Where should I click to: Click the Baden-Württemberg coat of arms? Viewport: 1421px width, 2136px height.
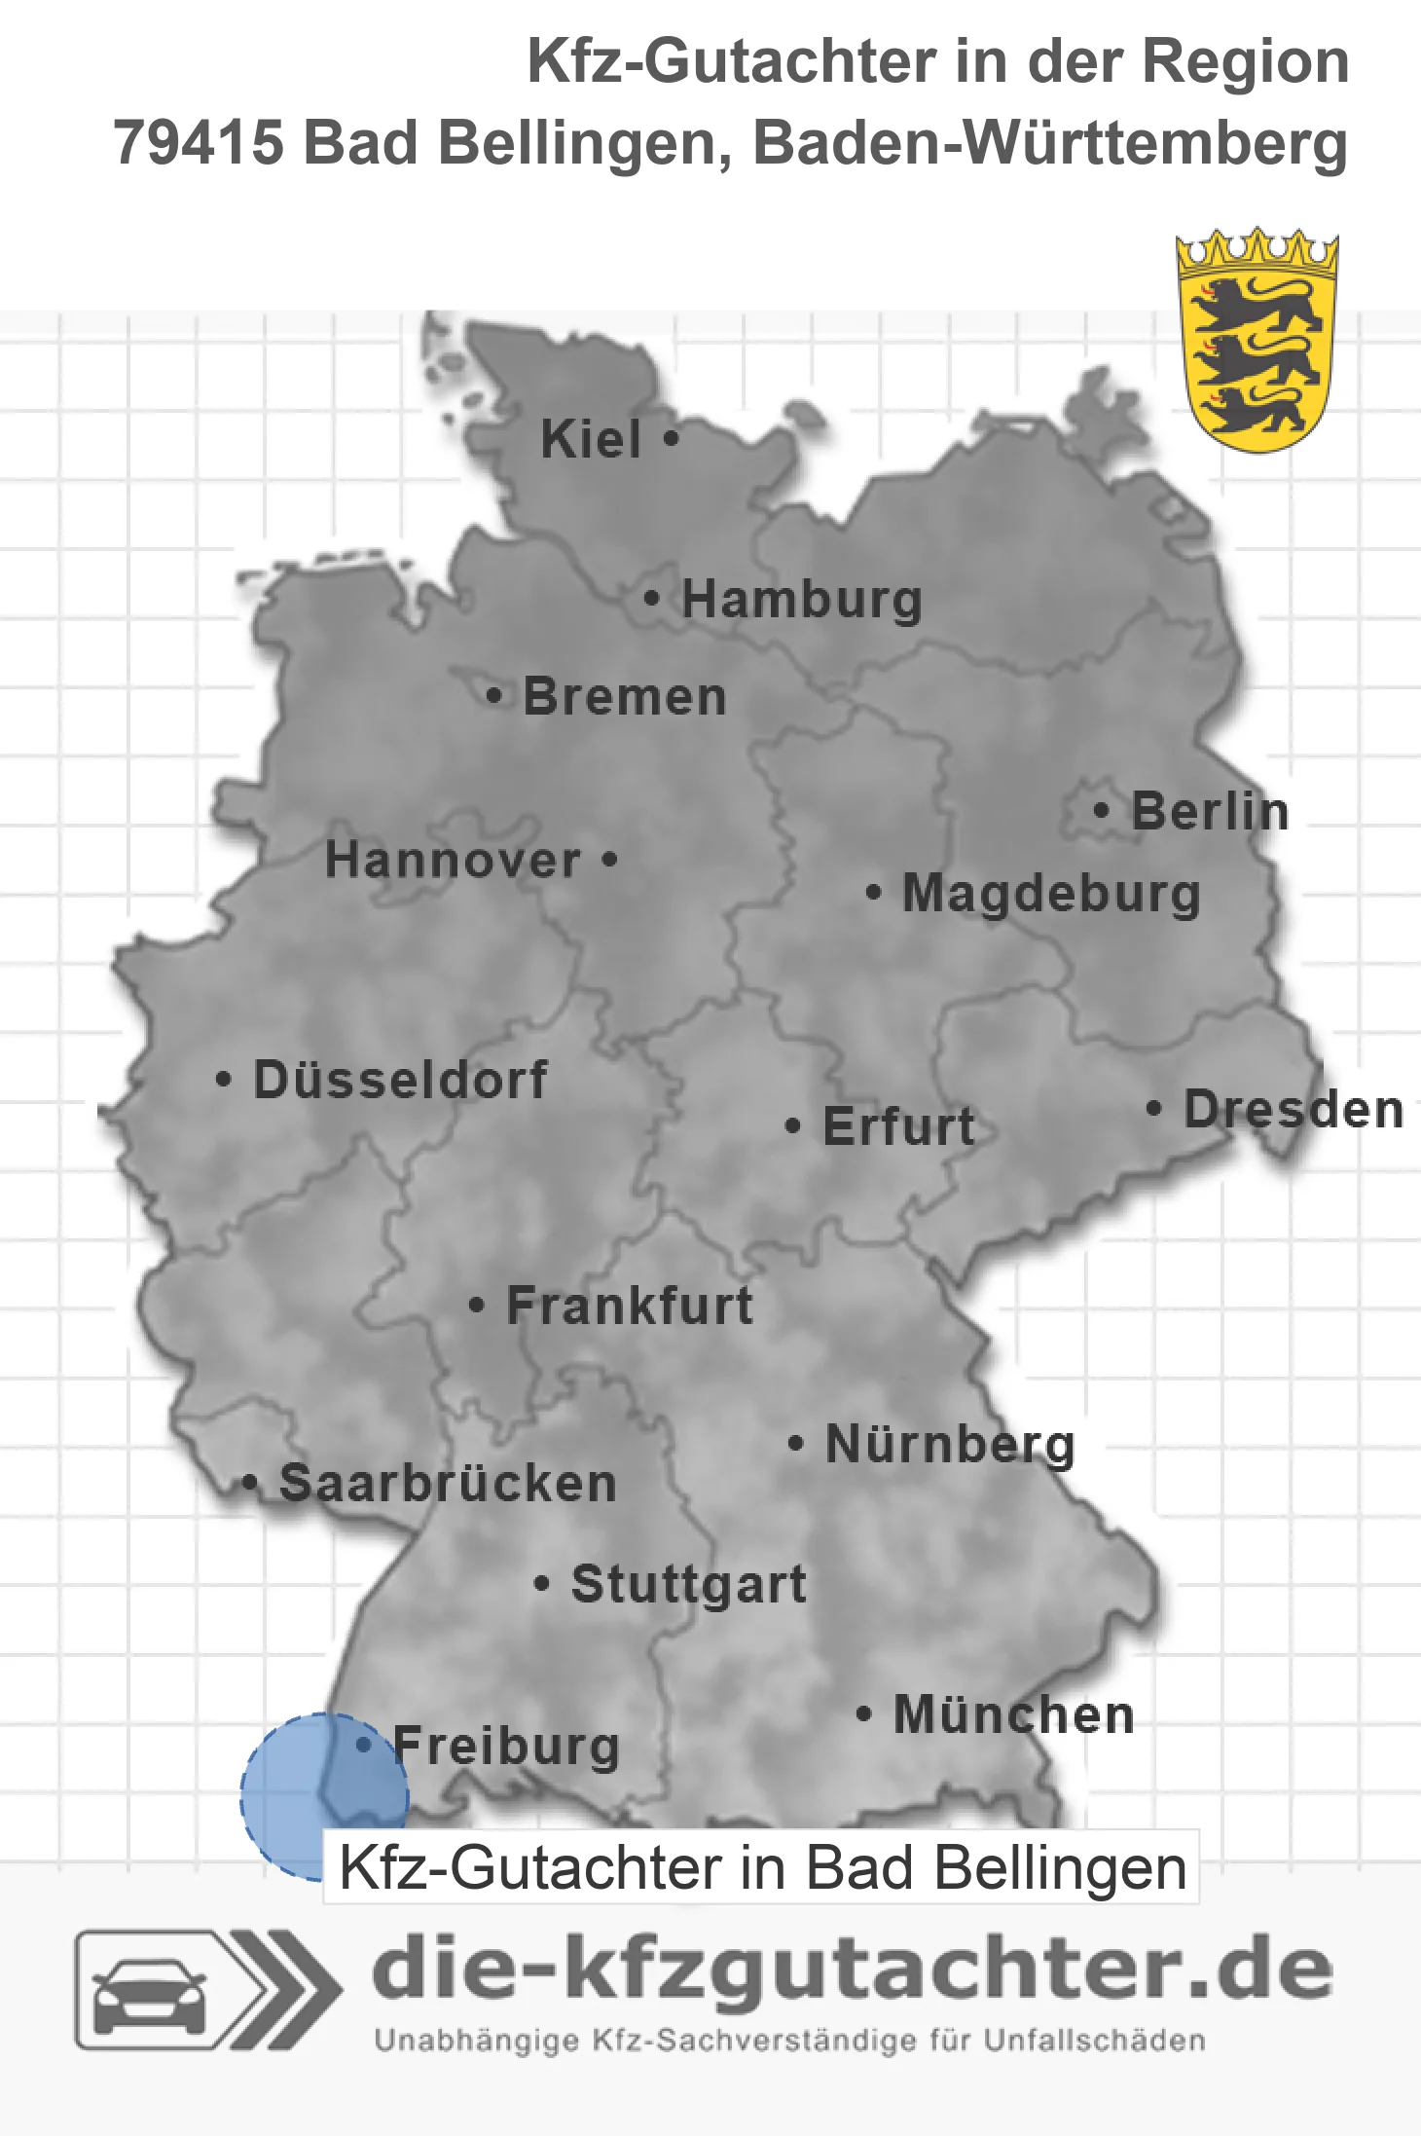click(1257, 340)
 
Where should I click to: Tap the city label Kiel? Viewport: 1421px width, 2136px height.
click(591, 439)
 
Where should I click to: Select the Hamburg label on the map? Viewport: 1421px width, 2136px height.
click(802, 599)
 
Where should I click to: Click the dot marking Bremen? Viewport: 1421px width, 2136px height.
click(494, 695)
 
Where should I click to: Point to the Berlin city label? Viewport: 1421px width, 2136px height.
click(1210, 811)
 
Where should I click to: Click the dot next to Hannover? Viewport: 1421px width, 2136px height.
click(610, 859)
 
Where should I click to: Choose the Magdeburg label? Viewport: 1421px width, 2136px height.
click(1051, 893)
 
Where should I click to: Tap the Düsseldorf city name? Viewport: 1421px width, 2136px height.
click(400, 1080)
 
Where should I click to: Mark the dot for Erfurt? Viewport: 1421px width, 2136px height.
click(792, 1126)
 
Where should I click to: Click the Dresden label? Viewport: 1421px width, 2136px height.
click(1293, 1109)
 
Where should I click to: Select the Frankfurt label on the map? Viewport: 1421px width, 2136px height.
click(630, 1306)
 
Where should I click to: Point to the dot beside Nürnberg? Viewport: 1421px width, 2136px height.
click(795, 1443)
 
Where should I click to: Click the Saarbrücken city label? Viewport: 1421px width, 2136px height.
click(448, 1484)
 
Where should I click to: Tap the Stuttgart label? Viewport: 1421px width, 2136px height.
click(688, 1584)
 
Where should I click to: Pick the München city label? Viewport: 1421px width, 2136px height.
click(1014, 1714)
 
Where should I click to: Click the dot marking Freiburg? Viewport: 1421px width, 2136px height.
click(364, 1745)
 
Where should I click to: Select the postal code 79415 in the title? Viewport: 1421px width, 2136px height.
click(199, 143)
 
